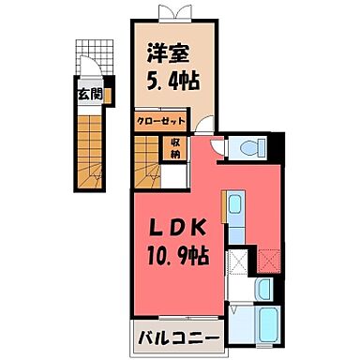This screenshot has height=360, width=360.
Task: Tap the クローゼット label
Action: tap(160, 122)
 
